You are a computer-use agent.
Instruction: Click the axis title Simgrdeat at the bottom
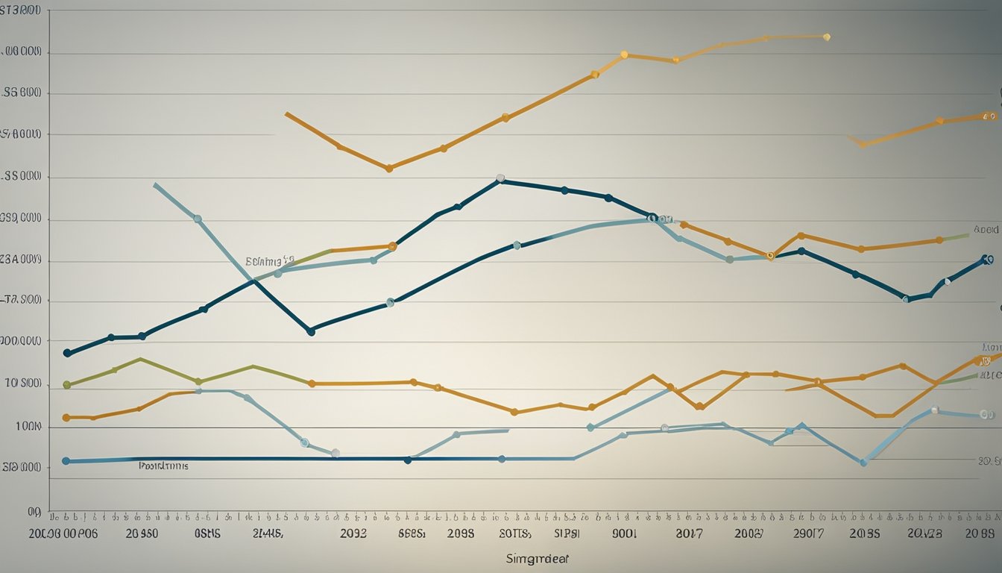(533, 558)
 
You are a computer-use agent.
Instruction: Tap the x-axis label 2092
(353, 534)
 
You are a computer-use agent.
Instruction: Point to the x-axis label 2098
(461, 534)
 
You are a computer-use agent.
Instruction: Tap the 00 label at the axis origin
(34, 513)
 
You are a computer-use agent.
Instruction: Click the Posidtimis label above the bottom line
(163, 466)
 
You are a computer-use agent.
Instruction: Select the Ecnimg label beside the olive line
(269, 261)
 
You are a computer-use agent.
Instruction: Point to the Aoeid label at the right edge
(986, 230)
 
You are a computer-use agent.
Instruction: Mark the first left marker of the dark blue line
(67, 353)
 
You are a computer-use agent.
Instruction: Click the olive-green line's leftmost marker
(66, 385)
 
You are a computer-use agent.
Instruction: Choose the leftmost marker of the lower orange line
(66, 418)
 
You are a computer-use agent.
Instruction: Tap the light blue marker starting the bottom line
(66, 461)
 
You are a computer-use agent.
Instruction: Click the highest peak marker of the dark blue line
(500, 179)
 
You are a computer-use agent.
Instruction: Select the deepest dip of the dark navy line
(311, 331)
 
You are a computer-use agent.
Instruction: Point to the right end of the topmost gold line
(827, 36)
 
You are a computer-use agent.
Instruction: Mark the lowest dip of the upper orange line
(389, 169)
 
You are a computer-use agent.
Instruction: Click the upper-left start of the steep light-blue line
(154, 184)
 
